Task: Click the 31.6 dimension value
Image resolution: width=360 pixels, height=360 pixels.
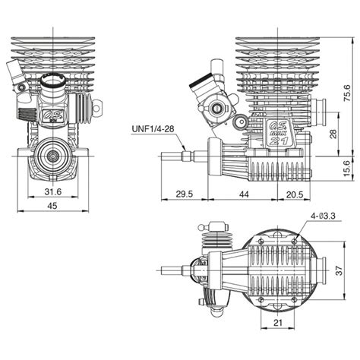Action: (x=53, y=191)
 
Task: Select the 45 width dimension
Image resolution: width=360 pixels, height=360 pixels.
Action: (x=52, y=206)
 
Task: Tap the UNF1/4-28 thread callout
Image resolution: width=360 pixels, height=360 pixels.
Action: (x=153, y=129)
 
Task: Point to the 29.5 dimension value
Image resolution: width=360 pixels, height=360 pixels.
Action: (x=185, y=194)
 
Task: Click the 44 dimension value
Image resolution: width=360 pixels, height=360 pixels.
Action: (x=244, y=194)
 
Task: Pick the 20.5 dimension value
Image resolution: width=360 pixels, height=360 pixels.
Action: (x=295, y=194)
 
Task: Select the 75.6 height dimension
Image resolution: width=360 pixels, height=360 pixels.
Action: (x=347, y=93)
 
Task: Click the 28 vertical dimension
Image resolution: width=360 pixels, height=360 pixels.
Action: (x=334, y=134)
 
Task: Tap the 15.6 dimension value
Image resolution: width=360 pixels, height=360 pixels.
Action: (x=347, y=168)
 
